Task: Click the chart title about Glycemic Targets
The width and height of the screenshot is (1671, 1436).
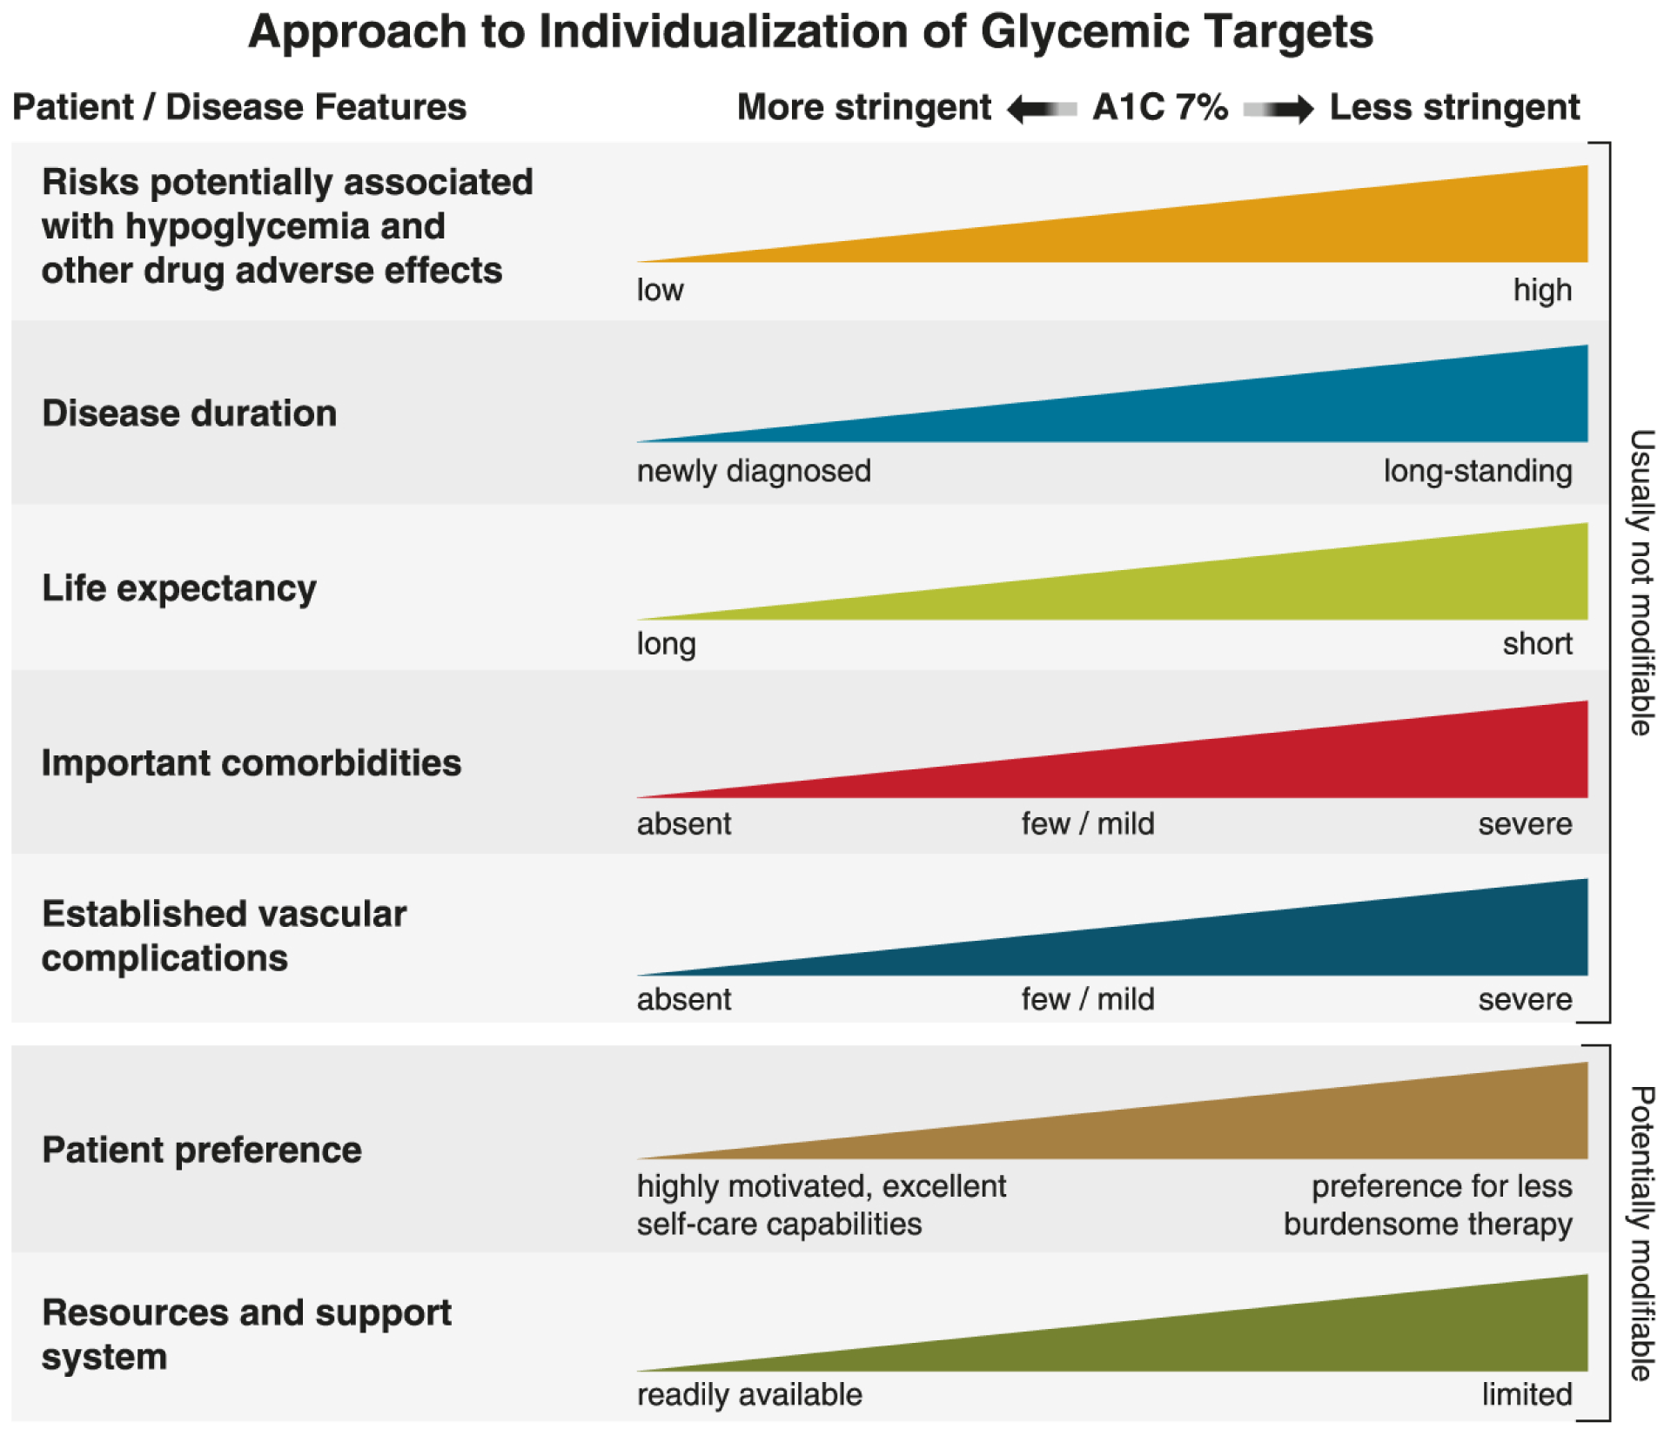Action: click(x=810, y=32)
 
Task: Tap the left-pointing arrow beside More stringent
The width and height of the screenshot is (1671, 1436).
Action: click(x=1041, y=109)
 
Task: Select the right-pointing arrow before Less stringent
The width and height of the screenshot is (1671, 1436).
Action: click(x=1279, y=109)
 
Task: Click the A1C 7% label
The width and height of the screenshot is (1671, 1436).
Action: click(x=1160, y=107)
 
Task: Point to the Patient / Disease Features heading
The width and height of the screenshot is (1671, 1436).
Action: click(x=239, y=107)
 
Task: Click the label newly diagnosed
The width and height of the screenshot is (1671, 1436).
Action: click(x=754, y=471)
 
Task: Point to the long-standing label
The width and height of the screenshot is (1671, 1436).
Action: click(x=1477, y=471)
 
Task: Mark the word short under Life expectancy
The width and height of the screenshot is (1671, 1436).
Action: click(x=1537, y=644)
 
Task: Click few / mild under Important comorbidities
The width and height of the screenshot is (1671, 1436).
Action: click(x=1088, y=823)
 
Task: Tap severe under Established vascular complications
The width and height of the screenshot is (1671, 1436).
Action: click(x=1525, y=999)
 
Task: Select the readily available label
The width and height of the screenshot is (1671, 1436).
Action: click(x=749, y=1394)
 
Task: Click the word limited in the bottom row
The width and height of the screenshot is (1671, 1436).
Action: click(x=1527, y=1394)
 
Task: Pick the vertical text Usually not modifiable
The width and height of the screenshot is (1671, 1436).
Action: click(x=1641, y=583)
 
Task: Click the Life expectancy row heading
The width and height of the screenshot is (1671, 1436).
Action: click(x=179, y=588)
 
